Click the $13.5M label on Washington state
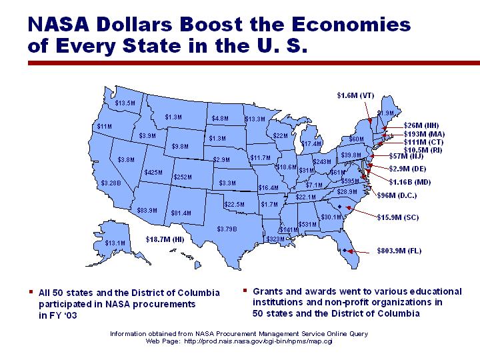point(125,103)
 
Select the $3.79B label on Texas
point(227,229)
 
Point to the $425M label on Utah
point(153,173)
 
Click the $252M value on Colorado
point(182,177)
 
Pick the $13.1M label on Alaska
point(115,243)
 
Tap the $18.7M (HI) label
point(165,239)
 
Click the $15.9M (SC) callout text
point(399,217)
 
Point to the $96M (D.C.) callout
point(397,195)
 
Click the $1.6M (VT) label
point(355,95)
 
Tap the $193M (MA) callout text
point(424,134)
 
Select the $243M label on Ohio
point(322,162)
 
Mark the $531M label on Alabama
point(307,225)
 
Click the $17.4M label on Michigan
point(311,143)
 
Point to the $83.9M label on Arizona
point(147,210)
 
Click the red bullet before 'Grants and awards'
point(245,291)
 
